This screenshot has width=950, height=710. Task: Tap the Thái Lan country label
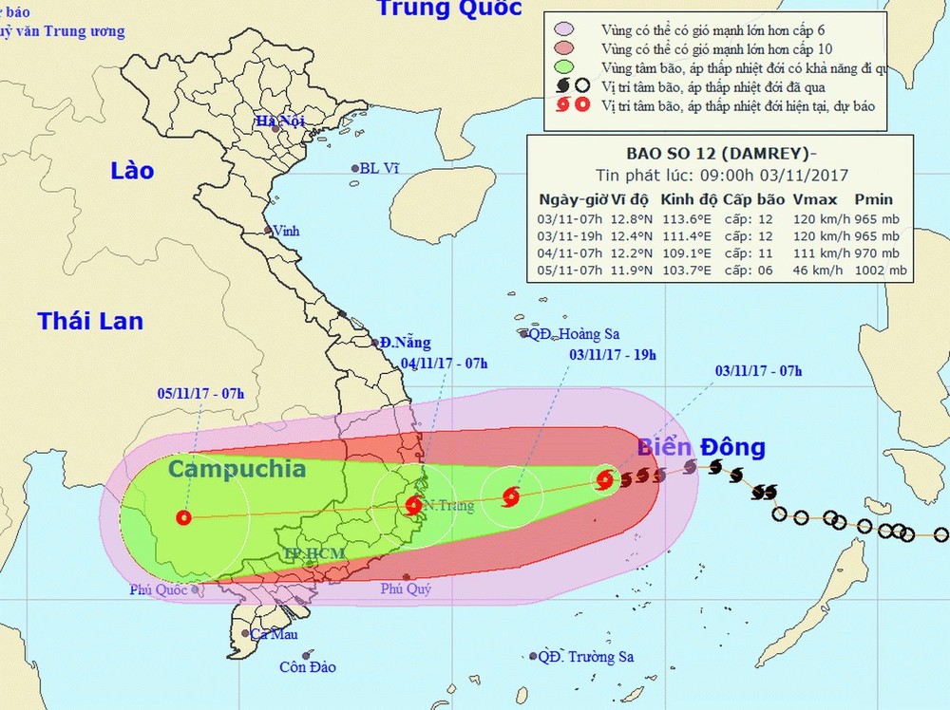point(90,321)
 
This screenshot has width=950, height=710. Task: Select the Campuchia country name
point(237,469)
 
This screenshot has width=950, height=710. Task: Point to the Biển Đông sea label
point(701,448)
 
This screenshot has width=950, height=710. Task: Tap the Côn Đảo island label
point(308,667)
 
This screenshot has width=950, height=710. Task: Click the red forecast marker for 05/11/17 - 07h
point(183,518)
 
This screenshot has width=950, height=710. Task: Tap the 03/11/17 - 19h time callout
point(613,355)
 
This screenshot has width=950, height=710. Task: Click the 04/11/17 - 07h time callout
point(445,364)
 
